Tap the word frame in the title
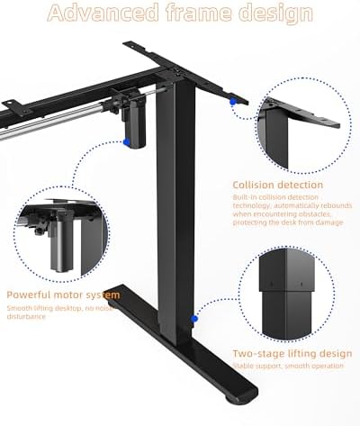192,14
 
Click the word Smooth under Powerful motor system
20,308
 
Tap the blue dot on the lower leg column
192,318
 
